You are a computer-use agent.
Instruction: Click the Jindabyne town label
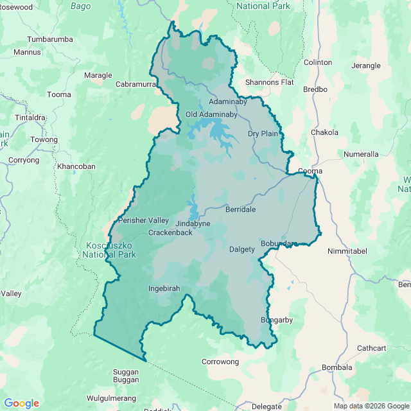(x=193, y=223)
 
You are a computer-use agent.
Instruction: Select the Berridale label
(x=240, y=209)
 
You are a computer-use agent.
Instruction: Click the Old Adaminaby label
(x=211, y=115)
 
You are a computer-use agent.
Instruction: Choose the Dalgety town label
(x=242, y=249)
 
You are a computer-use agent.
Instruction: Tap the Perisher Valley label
(x=143, y=220)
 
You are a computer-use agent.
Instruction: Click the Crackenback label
(x=170, y=232)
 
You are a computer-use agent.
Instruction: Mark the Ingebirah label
(x=164, y=288)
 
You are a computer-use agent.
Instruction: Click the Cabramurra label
(x=136, y=84)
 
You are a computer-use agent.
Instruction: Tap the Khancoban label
(x=76, y=166)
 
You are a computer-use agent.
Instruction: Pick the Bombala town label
(x=337, y=367)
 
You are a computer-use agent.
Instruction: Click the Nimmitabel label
(x=347, y=251)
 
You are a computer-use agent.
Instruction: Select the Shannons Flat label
(x=270, y=82)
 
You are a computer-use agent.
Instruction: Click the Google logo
(x=22, y=403)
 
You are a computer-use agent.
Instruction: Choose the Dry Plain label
(x=263, y=134)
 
